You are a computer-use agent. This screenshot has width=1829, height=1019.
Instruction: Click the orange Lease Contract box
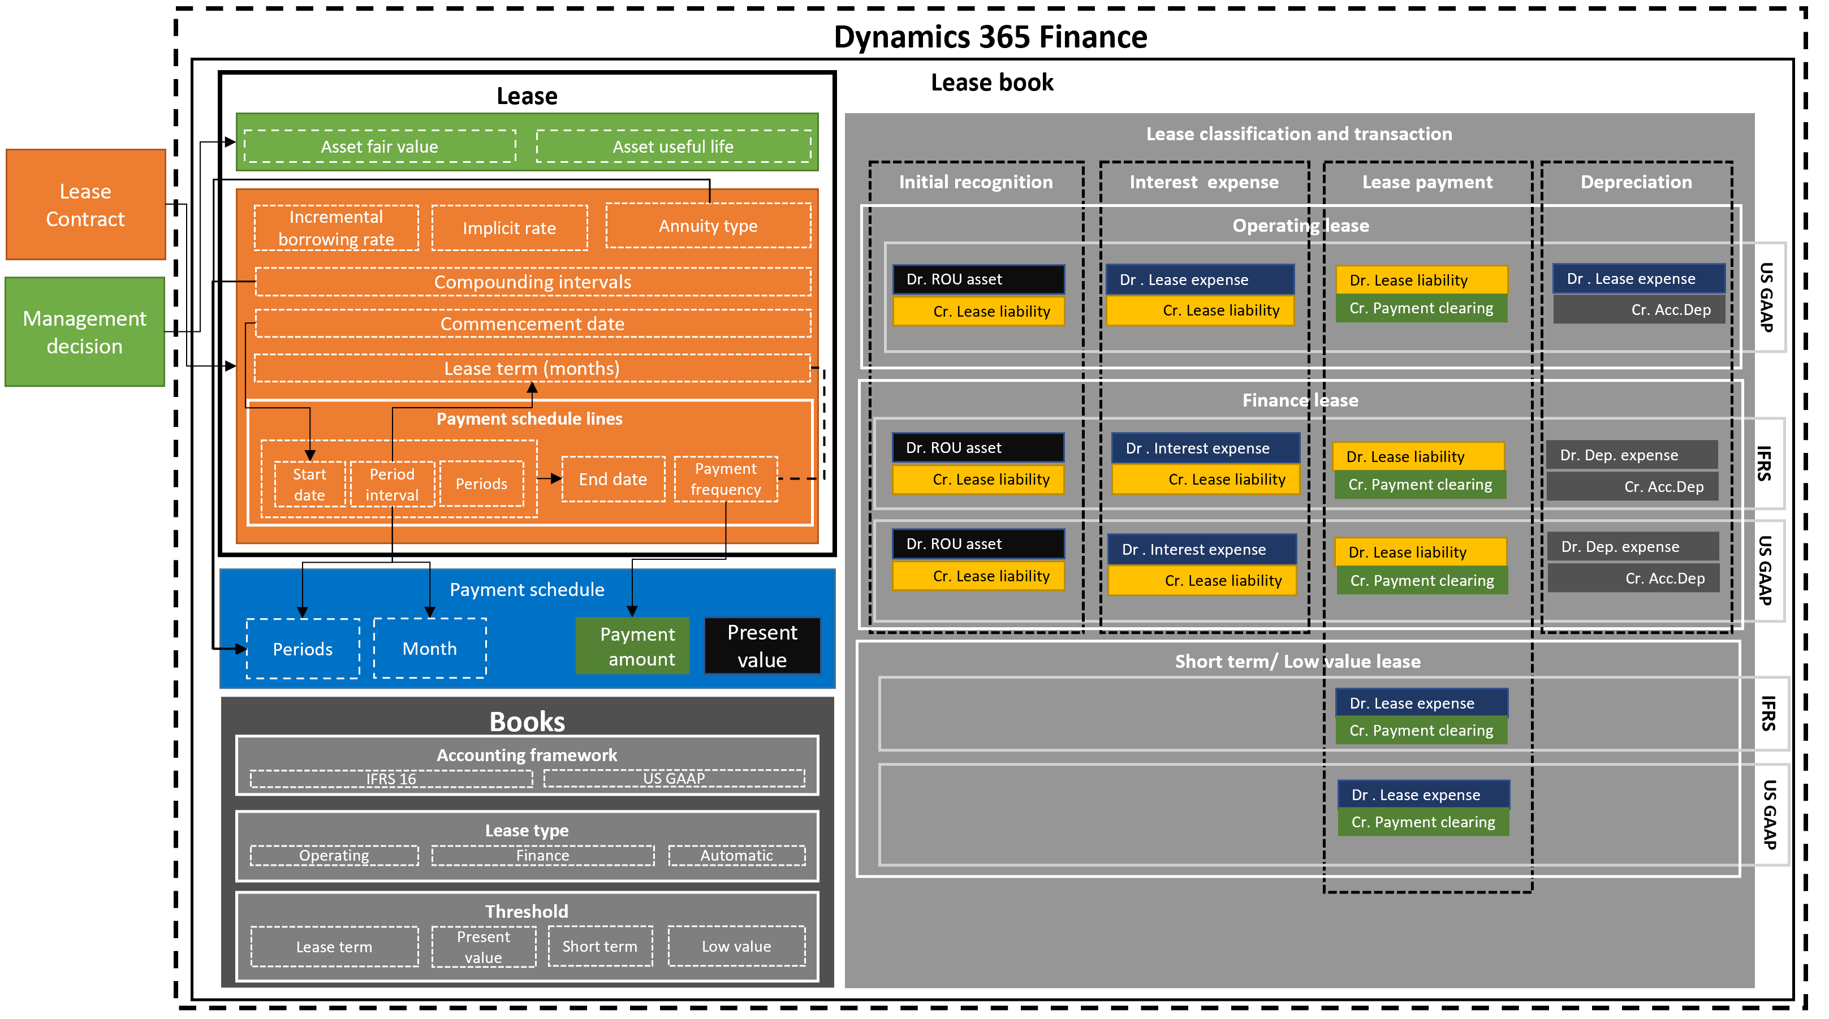pos(85,205)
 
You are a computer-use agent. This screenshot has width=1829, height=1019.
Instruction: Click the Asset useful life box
pos(672,146)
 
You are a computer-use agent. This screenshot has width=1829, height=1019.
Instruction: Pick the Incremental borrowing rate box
pos(336,228)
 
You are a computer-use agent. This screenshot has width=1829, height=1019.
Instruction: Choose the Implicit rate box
pos(509,228)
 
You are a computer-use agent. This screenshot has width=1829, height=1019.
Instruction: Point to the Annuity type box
pos(708,226)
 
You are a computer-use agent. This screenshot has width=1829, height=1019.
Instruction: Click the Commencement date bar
pos(533,324)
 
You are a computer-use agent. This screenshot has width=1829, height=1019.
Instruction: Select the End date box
pos(612,480)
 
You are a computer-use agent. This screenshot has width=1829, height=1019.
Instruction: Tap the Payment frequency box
pos(725,480)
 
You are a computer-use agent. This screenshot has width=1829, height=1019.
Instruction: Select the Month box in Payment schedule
pos(430,648)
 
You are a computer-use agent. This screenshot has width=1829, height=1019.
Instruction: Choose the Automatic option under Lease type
pos(736,856)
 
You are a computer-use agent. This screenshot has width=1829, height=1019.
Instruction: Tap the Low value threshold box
pos(736,946)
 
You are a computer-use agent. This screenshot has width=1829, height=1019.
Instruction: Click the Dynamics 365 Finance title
pos(990,37)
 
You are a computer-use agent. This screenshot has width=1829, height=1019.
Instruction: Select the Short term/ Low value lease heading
pos(1297,661)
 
